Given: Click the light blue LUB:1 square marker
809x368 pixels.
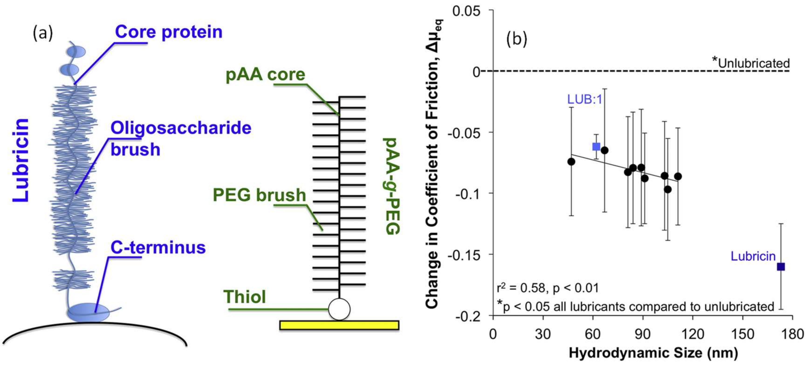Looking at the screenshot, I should [x=596, y=147].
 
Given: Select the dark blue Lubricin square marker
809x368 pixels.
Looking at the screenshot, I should [x=781, y=267].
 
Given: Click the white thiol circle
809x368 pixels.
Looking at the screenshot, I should [x=339, y=309].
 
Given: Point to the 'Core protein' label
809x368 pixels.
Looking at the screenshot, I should [x=169, y=32].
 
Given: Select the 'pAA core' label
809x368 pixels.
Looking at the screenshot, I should [x=265, y=75].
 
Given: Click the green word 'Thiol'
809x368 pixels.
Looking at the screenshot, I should [x=245, y=297].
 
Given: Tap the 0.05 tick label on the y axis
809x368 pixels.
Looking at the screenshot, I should [x=467, y=11].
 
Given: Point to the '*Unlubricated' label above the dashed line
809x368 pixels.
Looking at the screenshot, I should [x=751, y=63].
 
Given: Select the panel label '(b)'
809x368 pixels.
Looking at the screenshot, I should [x=517, y=39].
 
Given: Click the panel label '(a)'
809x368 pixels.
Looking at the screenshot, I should [x=43, y=33].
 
